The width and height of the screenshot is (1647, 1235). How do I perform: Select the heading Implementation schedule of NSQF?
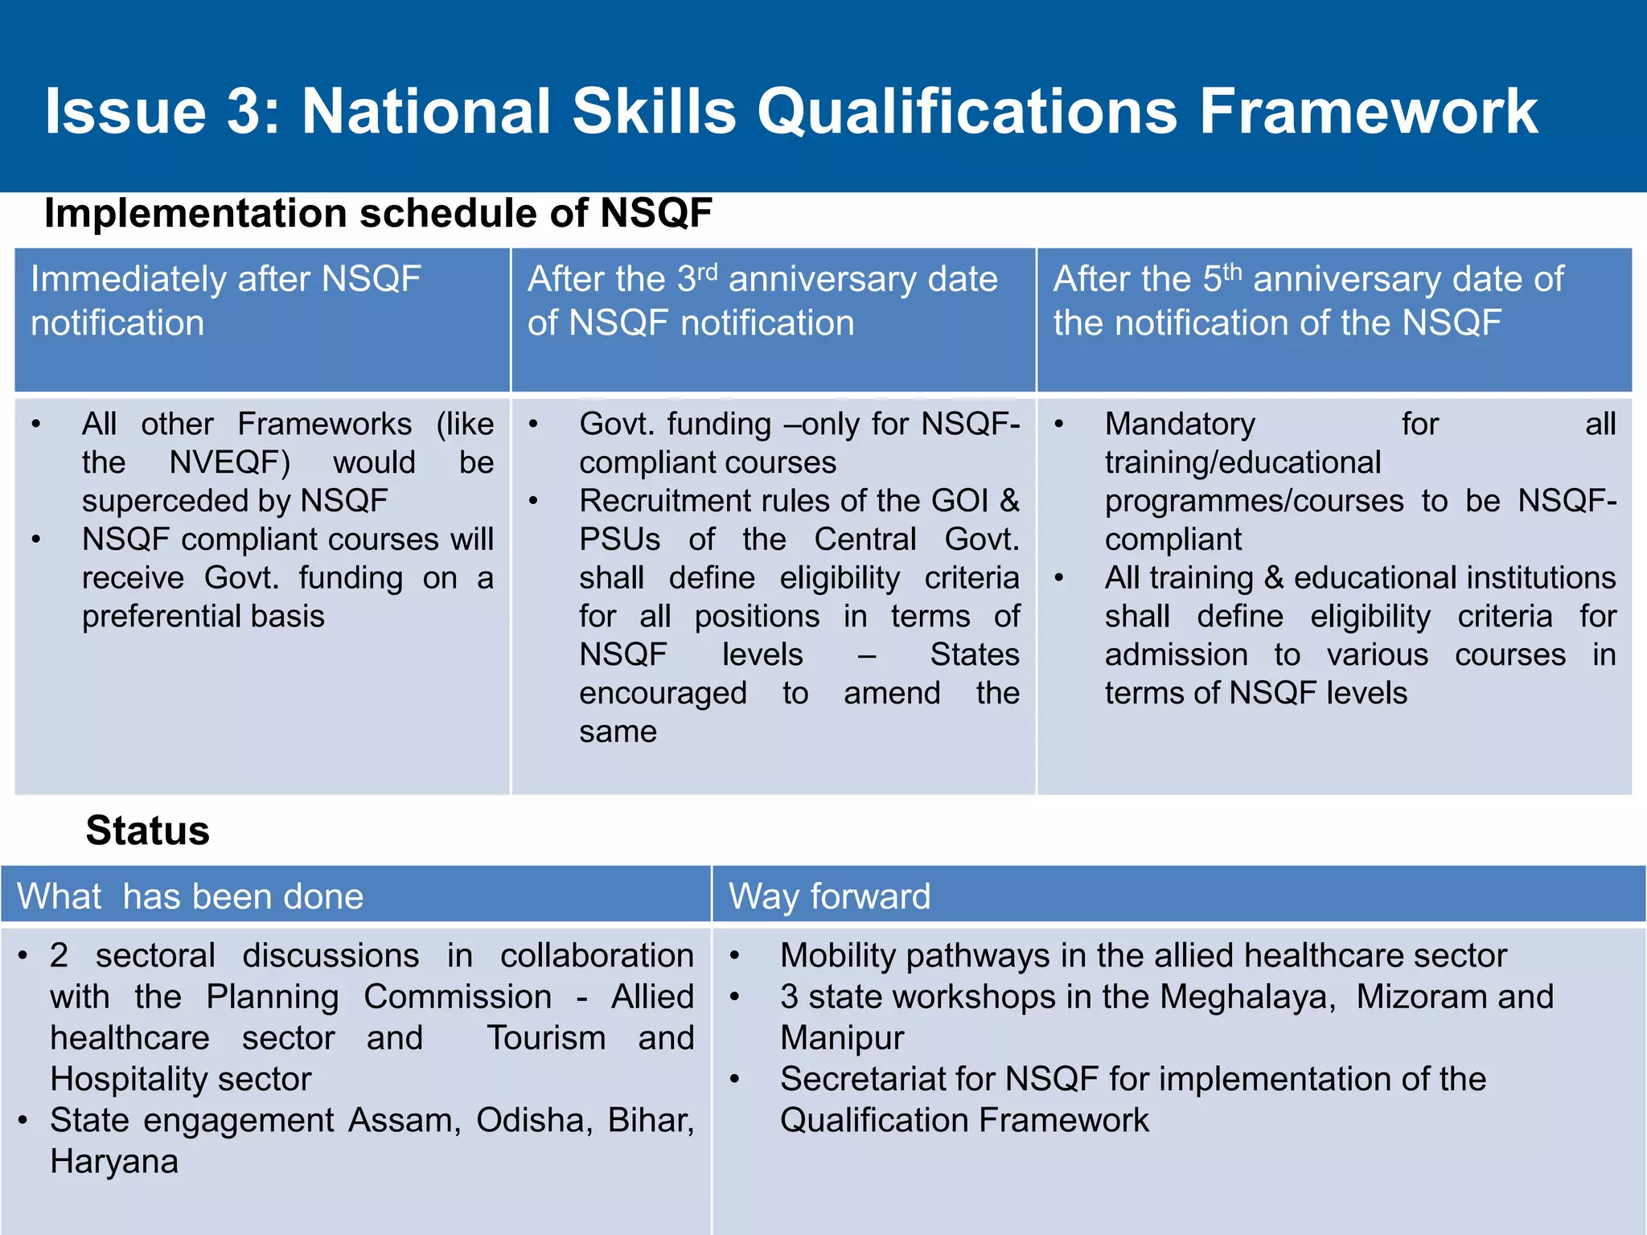[378, 214]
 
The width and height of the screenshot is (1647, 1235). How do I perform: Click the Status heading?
[147, 831]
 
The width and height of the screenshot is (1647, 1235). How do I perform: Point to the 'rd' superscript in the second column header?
[707, 271]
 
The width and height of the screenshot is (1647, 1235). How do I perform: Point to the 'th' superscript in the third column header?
[1232, 271]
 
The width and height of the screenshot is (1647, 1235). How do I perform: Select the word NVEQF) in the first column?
[230, 463]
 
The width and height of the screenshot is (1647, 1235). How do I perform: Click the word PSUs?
[619, 540]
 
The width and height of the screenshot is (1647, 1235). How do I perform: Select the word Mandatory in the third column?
[1180, 425]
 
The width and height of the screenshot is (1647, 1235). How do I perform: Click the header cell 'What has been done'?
[191, 897]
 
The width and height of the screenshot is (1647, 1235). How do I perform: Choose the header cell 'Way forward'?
[829, 897]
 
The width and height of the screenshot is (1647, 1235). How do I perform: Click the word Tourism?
[546, 1038]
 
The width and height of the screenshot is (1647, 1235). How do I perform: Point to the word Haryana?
[114, 1162]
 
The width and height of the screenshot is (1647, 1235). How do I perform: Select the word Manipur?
[842, 1038]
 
